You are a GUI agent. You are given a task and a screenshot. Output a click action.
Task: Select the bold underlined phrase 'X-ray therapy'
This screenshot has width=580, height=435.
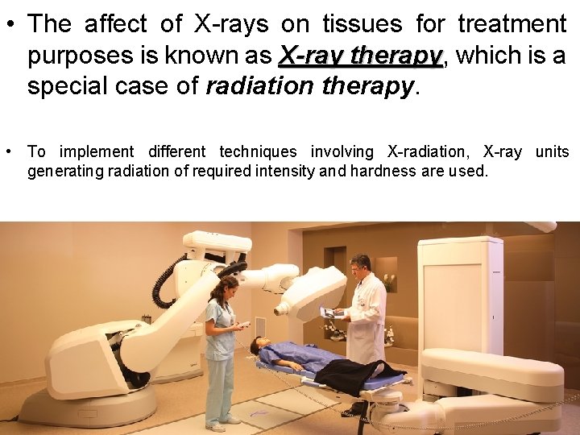coord(360,56)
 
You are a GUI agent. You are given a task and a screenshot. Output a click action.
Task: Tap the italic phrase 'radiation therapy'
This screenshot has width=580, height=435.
coord(309,87)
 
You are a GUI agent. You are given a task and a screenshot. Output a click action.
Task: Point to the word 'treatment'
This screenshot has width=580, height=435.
coord(512,24)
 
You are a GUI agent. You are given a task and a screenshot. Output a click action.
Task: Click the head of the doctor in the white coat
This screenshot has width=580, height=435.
coord(360,267)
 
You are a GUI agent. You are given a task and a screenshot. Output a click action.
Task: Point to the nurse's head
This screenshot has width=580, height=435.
coord(226,288)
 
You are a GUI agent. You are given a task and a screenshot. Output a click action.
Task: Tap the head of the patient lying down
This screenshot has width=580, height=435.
coord(259,346)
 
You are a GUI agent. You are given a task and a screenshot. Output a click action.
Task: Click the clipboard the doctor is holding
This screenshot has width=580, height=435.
coord(329,312)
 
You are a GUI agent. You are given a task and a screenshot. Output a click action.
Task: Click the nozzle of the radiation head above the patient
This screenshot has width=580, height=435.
coord(282,307)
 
